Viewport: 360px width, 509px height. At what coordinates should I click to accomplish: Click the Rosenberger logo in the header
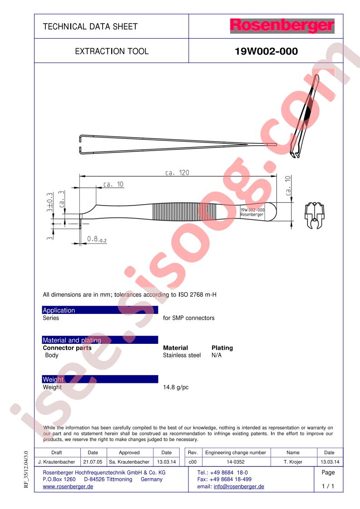point(282,26)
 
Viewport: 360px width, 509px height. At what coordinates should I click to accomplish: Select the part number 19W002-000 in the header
point(266,51)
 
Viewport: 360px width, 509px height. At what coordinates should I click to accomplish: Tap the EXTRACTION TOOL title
point(112,51)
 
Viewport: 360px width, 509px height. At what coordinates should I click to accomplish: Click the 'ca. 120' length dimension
point(177,172)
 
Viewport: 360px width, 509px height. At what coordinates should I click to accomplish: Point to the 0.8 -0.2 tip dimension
point(97,239)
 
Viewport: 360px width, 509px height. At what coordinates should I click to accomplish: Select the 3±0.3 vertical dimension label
point(49,202)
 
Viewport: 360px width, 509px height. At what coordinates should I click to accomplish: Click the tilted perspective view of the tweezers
point(305,116)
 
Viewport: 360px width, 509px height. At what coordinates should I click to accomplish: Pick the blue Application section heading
point(100,310)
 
